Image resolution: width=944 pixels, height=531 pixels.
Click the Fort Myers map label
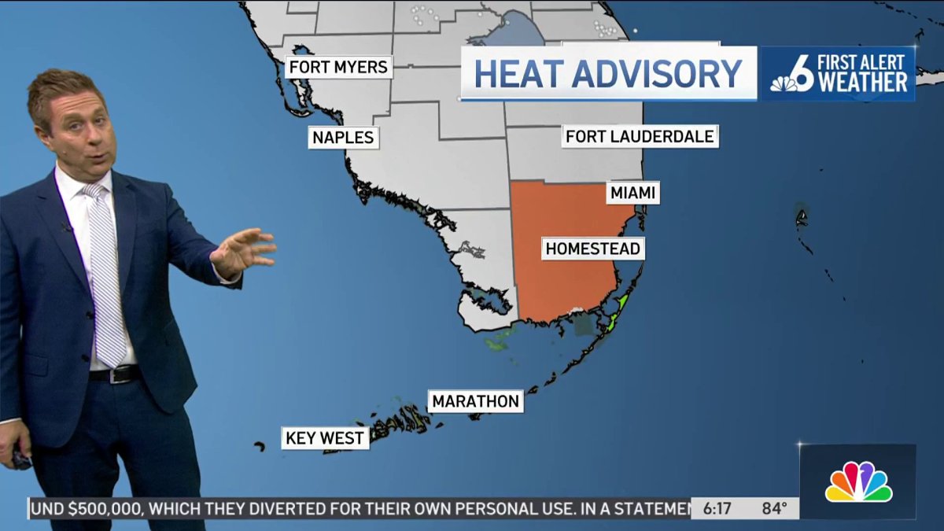pyautogui.click(x=338, y=67)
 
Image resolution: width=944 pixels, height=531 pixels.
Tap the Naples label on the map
pyautogui.click(x=343, y=138)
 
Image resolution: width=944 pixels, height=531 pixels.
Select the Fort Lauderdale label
pyautogui.click(x=640, y=136)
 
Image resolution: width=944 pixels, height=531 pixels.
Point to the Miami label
pyautogui.click(x=632, y=193)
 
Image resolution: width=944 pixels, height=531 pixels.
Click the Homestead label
pyautogui.click(x=593, y=249)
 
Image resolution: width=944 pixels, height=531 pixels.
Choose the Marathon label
pyautogui.click(x=476, y=401)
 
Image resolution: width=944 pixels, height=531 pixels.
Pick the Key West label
pyautogui.click(x=325, y=437)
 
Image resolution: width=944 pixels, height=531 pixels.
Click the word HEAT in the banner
pyautogui.click(x=520, y=74)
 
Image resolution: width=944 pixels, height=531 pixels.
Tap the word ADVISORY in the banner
pyautogui.click(x=658, y=74)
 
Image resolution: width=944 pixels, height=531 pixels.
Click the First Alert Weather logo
pyautogui.click(x=838, y=74)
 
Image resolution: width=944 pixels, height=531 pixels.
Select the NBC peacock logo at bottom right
pyautogui.click(x=858, y=481)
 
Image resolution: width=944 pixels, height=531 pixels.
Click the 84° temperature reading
pyautogui.click(x=774, y=508)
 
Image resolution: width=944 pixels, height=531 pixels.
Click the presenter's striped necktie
pyautogui.click(x=106, y=275)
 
